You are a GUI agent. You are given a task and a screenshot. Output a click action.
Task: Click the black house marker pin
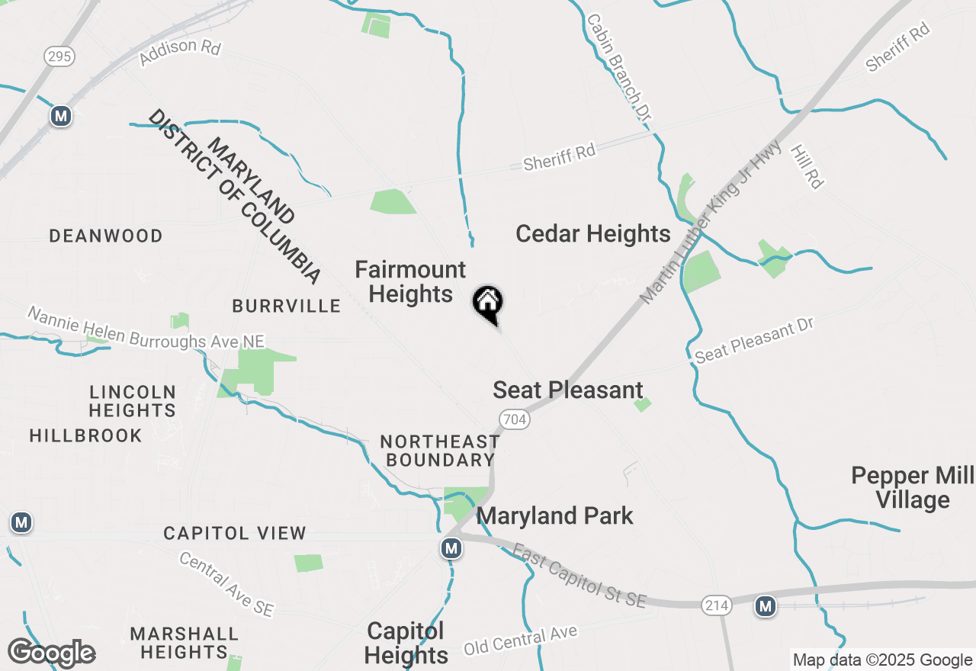[x=488, y=303]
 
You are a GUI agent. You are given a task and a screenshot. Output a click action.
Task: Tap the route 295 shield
[x=59, y=56]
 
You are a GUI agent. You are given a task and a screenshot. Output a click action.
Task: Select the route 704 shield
[x=515, y=419]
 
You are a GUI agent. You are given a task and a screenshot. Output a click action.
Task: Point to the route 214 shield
[x=718, y=605]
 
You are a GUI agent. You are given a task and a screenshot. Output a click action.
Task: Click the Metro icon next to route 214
[x=766, y=606]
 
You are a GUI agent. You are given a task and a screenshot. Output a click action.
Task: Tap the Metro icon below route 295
[x=61, y=116]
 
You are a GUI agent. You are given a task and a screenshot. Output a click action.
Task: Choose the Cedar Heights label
[x=592, y=234]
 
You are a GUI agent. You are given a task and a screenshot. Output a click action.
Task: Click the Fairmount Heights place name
[x=410, y=282]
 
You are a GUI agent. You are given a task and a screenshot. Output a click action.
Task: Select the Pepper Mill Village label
[x=912, y=488]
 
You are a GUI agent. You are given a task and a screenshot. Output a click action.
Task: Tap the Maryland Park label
[x=554, y=516]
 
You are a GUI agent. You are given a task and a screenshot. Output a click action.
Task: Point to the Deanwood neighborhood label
[x=106, y=236]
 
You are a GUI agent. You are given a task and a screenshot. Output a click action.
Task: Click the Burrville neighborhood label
[x=286, y=307]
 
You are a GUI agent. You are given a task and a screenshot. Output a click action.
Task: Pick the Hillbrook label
[x=85, y=436]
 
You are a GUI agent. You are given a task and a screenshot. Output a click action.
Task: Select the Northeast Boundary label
[x=439, y=451]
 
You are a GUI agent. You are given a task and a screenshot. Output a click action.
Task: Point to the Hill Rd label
[x=806, y=167]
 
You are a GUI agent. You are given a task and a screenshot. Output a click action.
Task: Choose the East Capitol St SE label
[x=579, y=576]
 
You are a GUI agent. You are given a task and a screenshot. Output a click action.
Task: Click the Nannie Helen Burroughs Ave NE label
[x=146, y=328]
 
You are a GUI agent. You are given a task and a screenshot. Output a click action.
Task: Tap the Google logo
[x=51, y=653]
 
